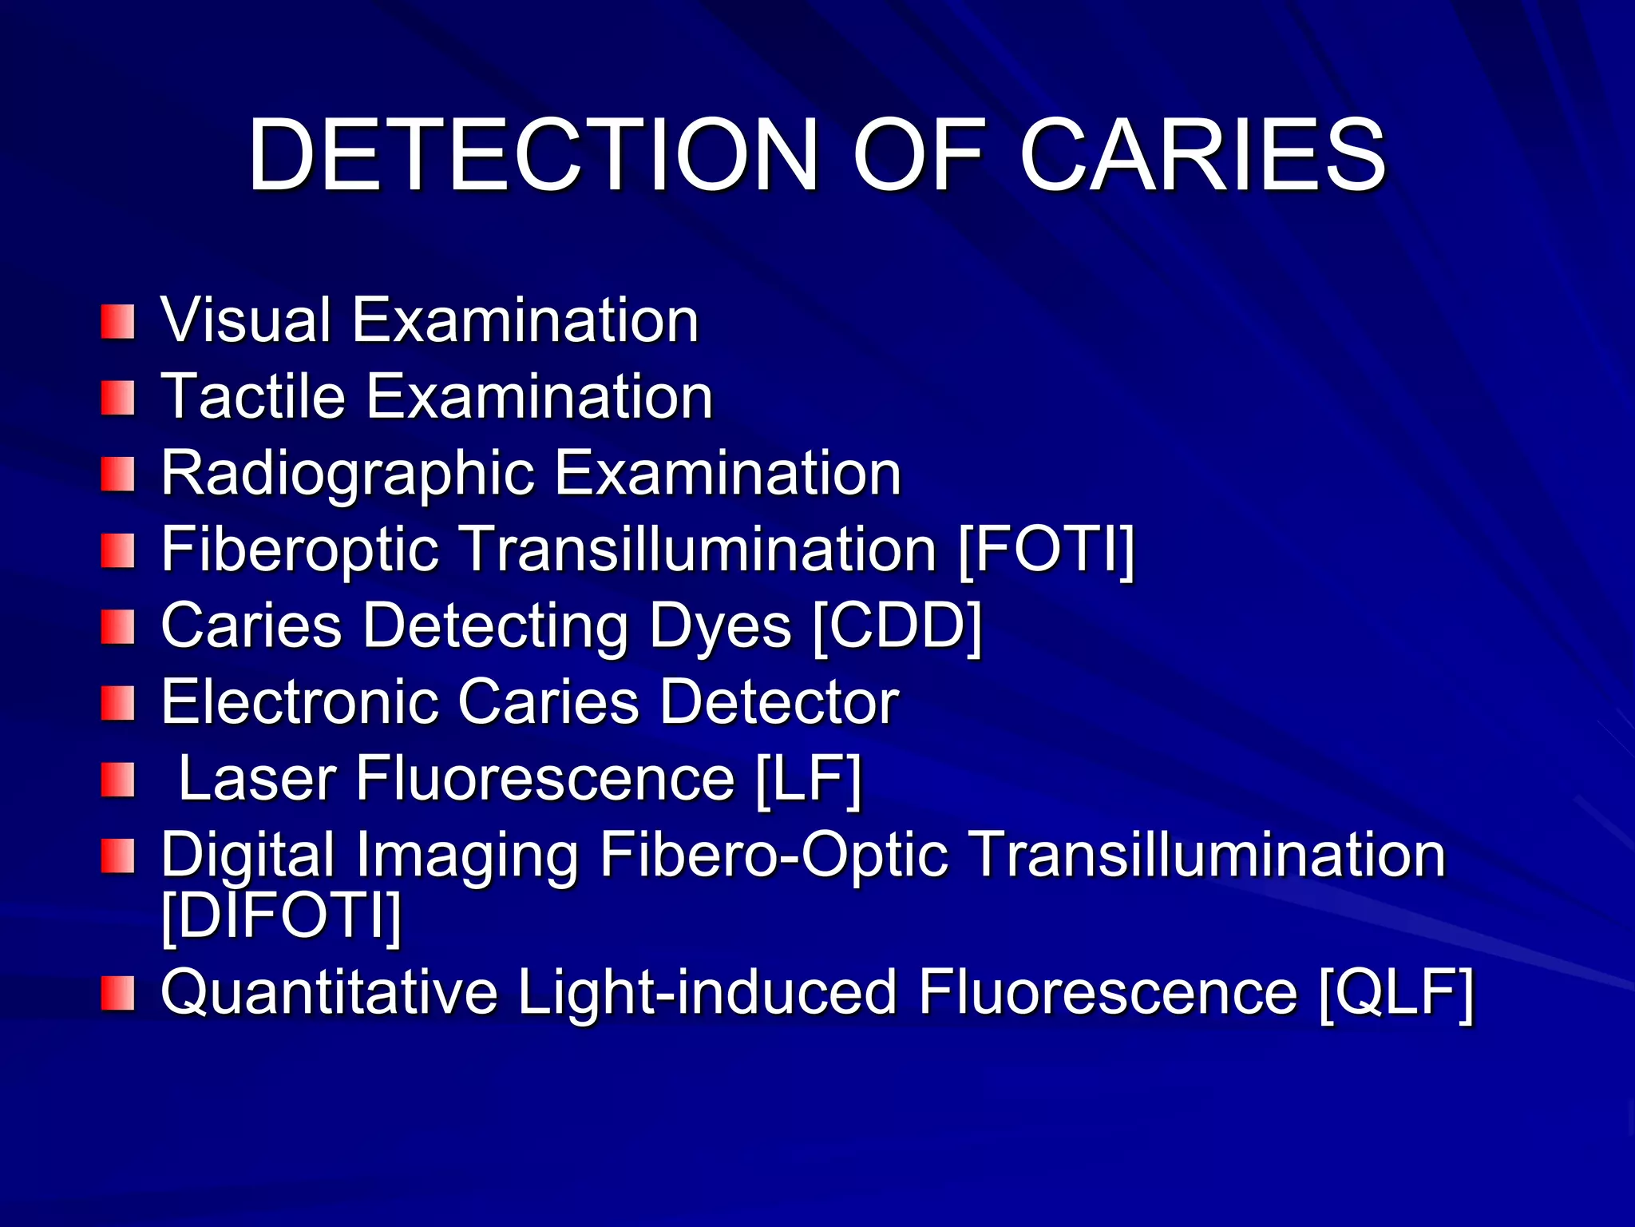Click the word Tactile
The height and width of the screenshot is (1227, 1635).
253,396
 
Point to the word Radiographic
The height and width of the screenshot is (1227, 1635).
347,473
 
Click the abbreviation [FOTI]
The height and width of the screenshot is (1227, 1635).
1046,550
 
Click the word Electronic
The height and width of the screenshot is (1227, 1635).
299,702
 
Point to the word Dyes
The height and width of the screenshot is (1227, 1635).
720,626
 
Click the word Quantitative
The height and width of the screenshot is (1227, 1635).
329,992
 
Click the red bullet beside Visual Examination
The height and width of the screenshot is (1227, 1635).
118,321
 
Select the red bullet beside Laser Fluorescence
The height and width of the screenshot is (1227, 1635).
118,780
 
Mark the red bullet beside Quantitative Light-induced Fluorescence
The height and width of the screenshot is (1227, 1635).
118,993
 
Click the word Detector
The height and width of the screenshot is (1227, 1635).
779,702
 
